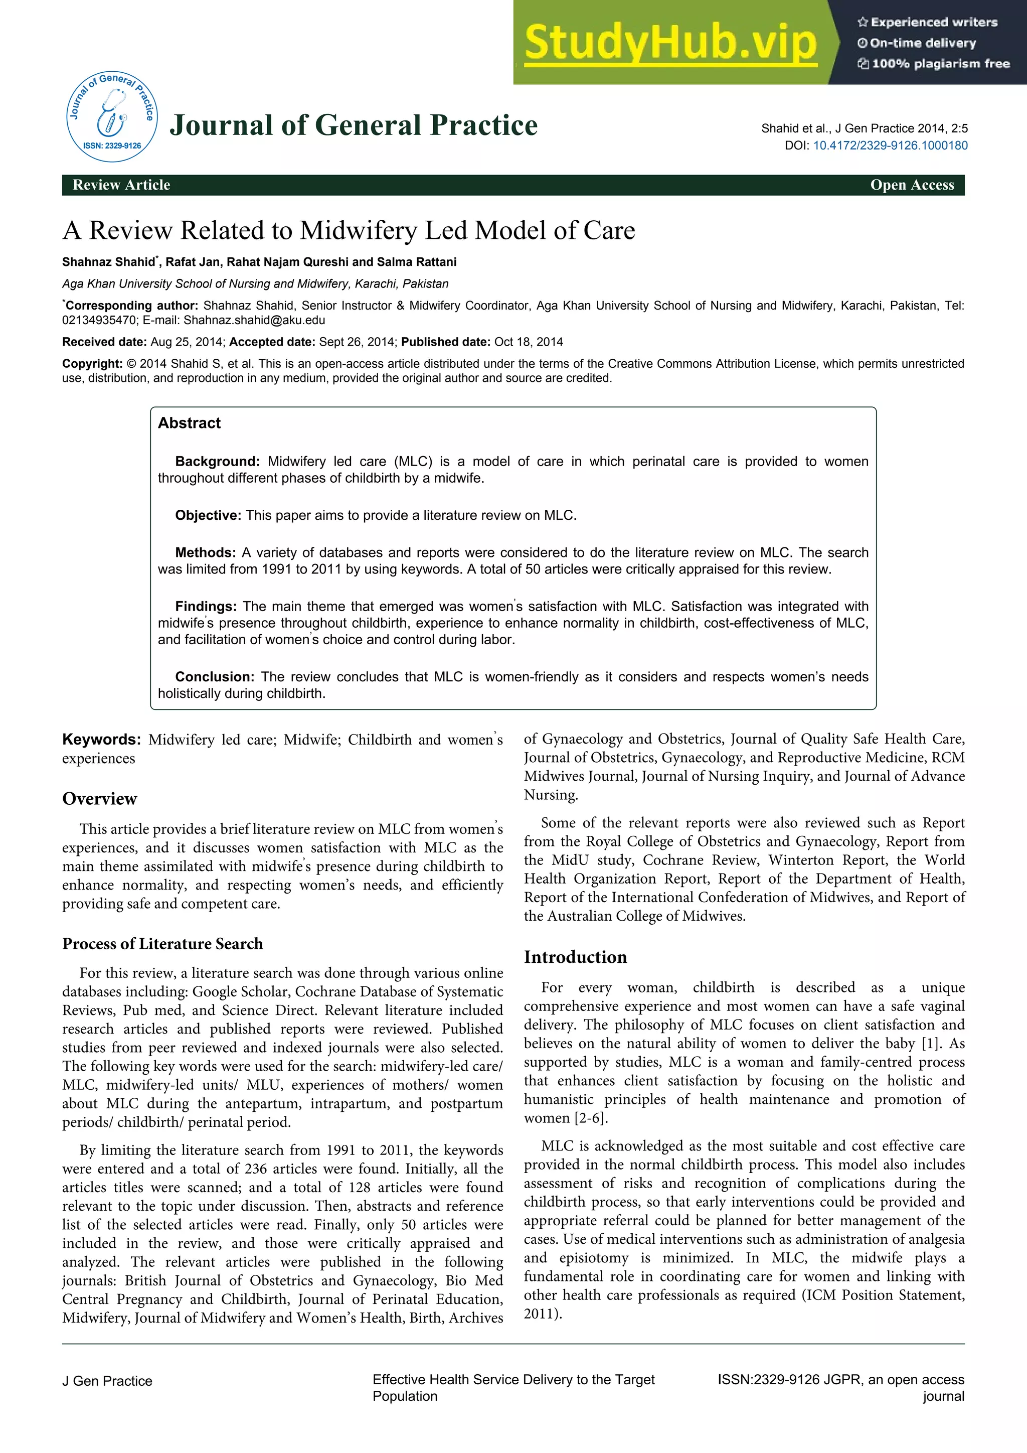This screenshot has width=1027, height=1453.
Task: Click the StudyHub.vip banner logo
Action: tap(670, 43)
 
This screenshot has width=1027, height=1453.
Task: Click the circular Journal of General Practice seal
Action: tap(112, 116)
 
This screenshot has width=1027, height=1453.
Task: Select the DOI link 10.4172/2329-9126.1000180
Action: tap(890, 146)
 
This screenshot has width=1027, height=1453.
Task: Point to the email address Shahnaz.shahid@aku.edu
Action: tap(254, 320)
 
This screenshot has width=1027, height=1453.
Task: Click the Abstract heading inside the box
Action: tap(189, 423)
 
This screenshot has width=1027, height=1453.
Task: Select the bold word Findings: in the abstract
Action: tap(206, 606)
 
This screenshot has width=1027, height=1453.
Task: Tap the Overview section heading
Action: tap(99, 799)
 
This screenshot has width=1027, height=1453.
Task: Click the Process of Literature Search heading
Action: tap(162, 944)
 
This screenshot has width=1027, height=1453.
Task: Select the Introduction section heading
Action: tap(575, 957)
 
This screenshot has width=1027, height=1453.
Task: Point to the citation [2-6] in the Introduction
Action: tap(591, 1118)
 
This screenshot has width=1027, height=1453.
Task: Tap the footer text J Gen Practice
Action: tap(107, 1381)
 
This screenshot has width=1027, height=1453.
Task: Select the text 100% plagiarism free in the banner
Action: tap(940, 64)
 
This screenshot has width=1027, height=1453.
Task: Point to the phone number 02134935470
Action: tap(99, 320)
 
